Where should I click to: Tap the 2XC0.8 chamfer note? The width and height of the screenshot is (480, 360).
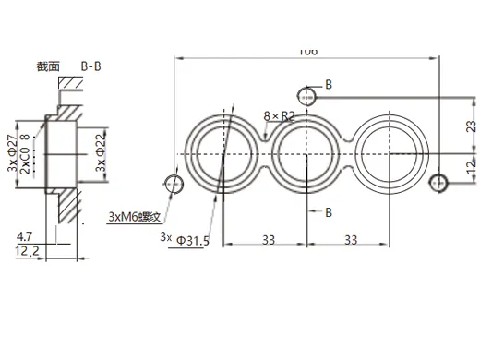[x=25, y=154]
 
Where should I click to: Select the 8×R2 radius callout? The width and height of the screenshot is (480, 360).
[x=278, y=116]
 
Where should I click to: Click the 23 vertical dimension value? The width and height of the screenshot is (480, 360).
[x=470, y=128]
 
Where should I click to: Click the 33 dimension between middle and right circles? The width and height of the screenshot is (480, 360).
[x=350, y=238]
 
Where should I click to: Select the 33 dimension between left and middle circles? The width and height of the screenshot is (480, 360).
[x=267, y=238]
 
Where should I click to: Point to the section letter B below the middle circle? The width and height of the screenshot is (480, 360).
[x=328, y=212]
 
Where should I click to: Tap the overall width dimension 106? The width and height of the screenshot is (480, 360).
[x=307, y=52]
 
